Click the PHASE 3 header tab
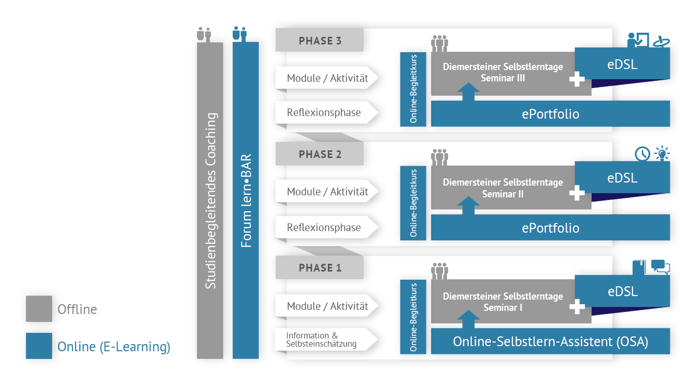(x=320, y=41)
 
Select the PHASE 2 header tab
(x=320, y=154)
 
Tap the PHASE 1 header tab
(x=320, y=268)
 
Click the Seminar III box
(x=503, y=73)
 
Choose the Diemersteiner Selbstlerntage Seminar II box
(x=503, y=188)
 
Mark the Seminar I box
(x=503, y=302)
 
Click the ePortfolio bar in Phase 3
(x=550, y=114)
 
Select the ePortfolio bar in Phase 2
(x=550, y=228)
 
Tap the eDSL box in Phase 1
(x=622, y=291)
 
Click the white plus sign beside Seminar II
(x=577, y=193)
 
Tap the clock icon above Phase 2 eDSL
(x=642, y=153)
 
